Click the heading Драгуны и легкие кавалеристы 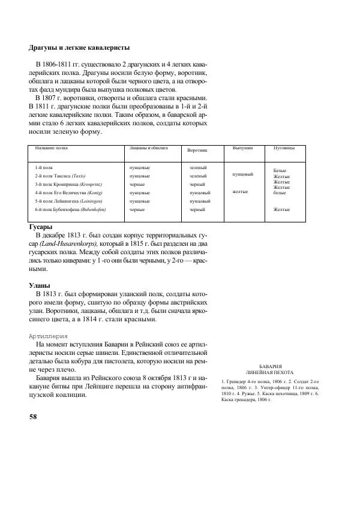pyautogui.click(x=79, y=48)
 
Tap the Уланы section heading pyautogui.click(x=40, y=286)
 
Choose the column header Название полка pyautogui.click(x=51, y=147)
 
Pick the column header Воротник pyautogui.click(x=197, y=150)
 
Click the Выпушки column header pyautogui.click(x=242, y=147)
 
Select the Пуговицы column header pyautogui.click(x=284, y=147)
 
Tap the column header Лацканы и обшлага pyautogui.click(x=148, y=147)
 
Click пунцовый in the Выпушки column pyautogui.click(x=242, y=174)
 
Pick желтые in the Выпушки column pyautogui.click(x=240, y=192)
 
